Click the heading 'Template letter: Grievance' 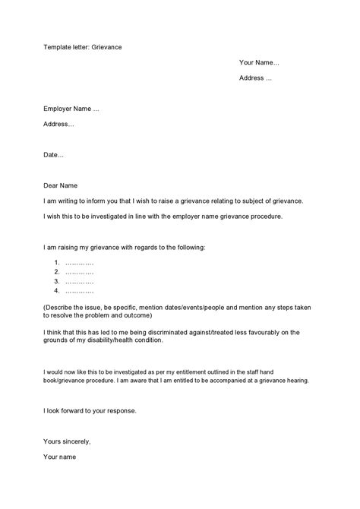(x=83, y=47)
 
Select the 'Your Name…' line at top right (x=259, y=62)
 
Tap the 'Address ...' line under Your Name (x=255, y=77)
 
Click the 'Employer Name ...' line (x=71, y=109)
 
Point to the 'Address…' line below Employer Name (x=58, y=124)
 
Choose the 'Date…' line (x=54, y=155)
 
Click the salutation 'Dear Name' (x=60, y=186)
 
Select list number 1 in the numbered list (x=57, y=263)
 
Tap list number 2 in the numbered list (x=57, y=272)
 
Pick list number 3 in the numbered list (x=57, y=281)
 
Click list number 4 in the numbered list (x=57, y=290)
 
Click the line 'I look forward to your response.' (x=90, y=412)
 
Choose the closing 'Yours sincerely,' (x=67, y=441)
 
